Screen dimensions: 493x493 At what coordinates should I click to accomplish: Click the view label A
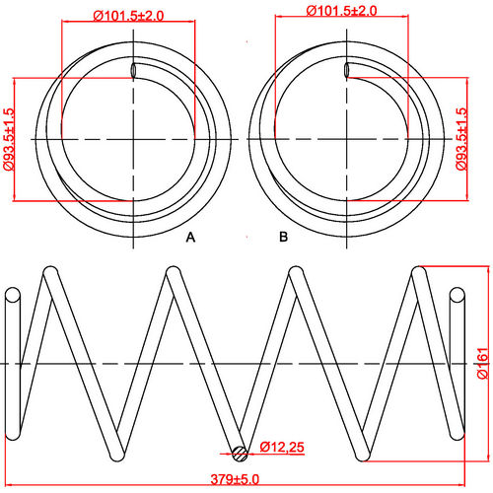click(x=191, y=238)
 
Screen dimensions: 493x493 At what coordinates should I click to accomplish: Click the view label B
click(x=283, y=238)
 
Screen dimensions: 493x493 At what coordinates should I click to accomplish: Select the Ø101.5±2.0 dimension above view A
click(x=128, y=16)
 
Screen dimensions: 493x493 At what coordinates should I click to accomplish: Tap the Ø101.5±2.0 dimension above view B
click(x=342, y=11)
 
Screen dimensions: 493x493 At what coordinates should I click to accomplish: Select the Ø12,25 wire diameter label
click(x=282, y=448)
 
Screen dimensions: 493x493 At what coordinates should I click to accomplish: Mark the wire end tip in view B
click(x=347, y=70)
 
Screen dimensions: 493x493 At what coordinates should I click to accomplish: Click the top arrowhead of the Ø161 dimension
click(x=473, y=269)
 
